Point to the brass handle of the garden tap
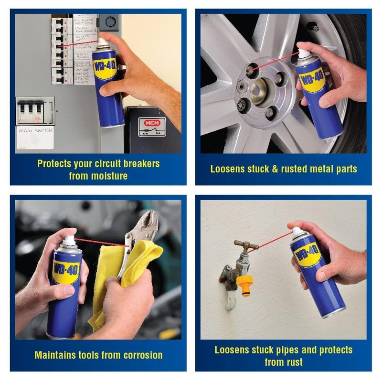(x=246, y=245)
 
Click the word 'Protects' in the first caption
(x=58, y=164)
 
